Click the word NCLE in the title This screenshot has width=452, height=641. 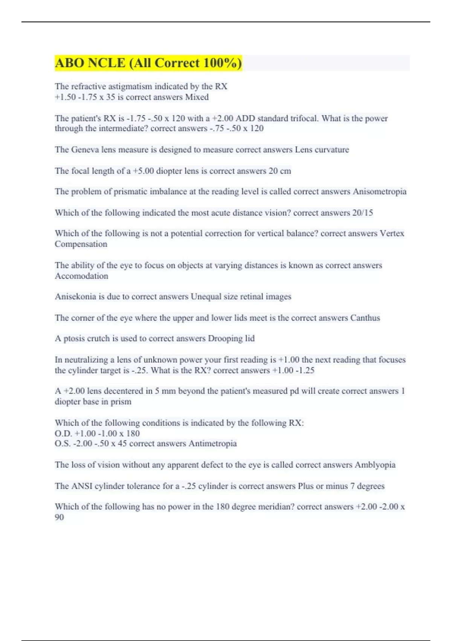[106, 63]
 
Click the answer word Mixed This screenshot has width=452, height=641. [197, 97]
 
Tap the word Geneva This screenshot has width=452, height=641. [84, 150]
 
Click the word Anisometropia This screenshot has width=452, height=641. [379, 192]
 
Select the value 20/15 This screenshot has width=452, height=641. [362, 213]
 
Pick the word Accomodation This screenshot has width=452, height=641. [81, 276]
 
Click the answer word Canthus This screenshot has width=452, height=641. [365, 318]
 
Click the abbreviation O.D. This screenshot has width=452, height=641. [63, 434]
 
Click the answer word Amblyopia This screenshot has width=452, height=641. [375, 465]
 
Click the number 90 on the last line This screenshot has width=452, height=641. [60, 517]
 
